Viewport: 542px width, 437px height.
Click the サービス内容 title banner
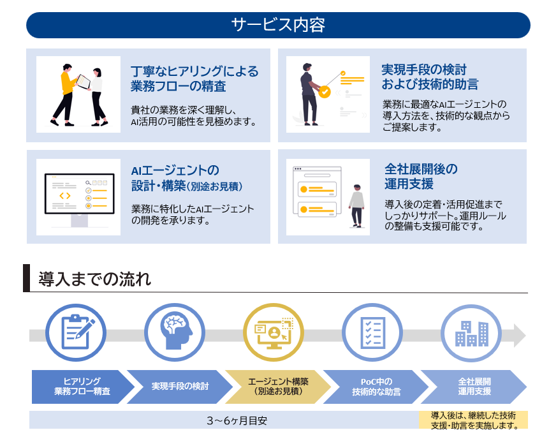click(278, 25)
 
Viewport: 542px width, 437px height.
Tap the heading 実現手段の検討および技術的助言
click(429, 77)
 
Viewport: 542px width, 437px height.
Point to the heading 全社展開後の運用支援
click(421, 177)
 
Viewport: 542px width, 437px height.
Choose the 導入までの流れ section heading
click(95, 279)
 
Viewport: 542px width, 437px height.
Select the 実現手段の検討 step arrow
click(179, 387)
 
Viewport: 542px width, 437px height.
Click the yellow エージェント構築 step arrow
click(277, 387)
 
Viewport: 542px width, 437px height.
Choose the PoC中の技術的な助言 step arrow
click(376, 387)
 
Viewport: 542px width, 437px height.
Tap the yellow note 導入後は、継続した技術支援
click(473, 420)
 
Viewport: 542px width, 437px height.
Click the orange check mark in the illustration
click(325, 93)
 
